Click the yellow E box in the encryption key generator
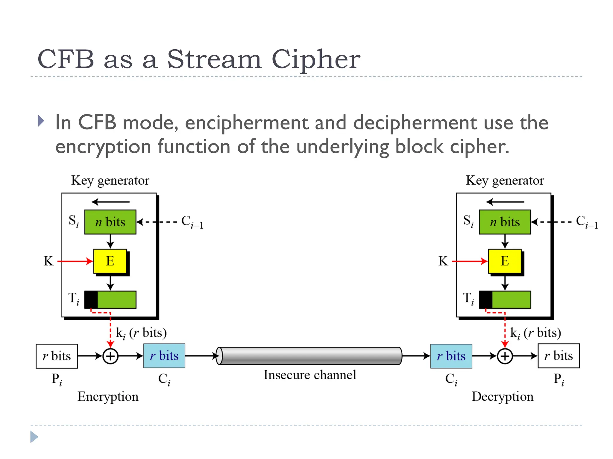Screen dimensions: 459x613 coord(110,261)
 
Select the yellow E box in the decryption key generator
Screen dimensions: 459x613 coord(505,261)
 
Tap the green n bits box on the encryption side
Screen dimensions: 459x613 coord(110,222)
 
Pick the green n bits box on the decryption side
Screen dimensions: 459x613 coord(505,222)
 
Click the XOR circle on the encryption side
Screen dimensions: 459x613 coord(110,356)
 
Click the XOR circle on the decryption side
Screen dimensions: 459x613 coord(505,356)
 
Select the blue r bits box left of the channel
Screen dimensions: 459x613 coord(164,356)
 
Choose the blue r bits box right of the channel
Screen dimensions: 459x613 coord(451,356)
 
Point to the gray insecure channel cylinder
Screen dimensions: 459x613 coord(310,356)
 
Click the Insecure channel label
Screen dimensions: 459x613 coord(310,375)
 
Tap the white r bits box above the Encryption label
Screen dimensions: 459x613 coord(57,356)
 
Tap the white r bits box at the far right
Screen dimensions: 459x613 coord(559,356)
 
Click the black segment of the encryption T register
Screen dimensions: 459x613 coord(91,300)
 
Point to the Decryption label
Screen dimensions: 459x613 coord(503,397)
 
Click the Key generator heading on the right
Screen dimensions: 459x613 coord(505,180)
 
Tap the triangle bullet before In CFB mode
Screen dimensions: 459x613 coord(41,121)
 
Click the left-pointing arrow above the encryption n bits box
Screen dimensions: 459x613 coord(110,202)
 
